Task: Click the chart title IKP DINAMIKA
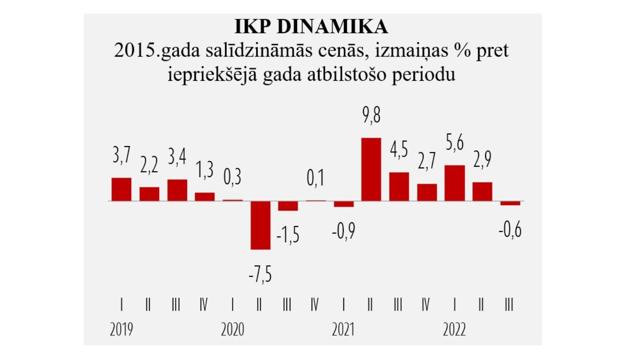coord(311,26)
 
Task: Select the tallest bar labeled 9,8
coord(371,169)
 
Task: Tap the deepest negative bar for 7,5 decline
coord(260,225)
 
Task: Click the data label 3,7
coord(121,155)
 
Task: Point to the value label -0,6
coord(510,229)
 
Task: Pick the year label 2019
coord(121,330)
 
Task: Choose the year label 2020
coord(232,330)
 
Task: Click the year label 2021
coord(343,330)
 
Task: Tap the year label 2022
coord(454,330)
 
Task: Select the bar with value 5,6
coord(455,183)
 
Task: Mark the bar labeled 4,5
coord(399,186)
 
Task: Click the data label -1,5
coord(288,235)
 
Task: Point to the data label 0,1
coord(315,178)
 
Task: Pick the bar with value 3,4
coord(177,190)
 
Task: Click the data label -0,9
coord(343,231)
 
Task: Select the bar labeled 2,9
coord(482,191)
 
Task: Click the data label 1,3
coord(205,170)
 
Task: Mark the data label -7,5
coord(260,275)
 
